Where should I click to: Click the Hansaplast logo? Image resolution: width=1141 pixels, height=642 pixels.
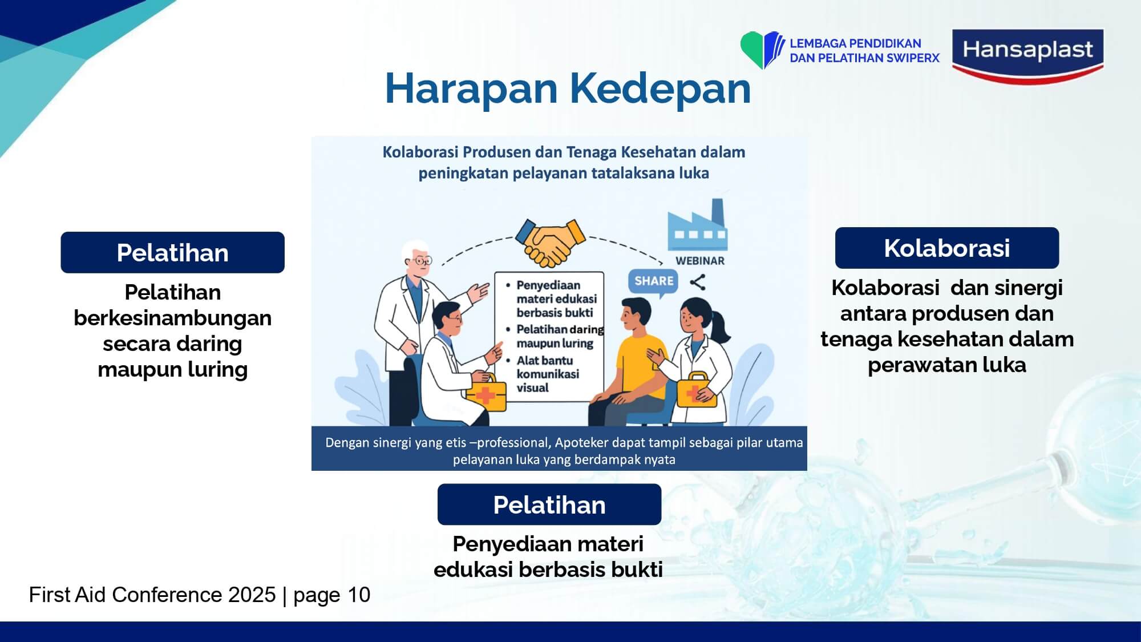click(x=1027, y=56)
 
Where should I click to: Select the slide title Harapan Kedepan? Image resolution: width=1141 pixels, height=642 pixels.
click(x=568, y=88)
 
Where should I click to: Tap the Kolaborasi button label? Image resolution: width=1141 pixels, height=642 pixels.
click(x=947, y=248)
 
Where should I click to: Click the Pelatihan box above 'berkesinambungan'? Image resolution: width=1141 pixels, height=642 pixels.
click(x=172, y=252)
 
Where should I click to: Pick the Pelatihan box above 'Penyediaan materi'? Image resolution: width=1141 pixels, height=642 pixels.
click(x=549, y=504)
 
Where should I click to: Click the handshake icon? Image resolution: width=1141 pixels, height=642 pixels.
click(x=550, y=242)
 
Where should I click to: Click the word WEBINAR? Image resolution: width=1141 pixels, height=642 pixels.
click(x=700, y=261)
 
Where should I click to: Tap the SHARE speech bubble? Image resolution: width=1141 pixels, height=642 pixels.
click(x=653, y=282)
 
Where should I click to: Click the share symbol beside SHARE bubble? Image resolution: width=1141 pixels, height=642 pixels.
click(x=697, y=282)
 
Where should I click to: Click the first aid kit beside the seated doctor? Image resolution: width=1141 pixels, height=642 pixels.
click(x=486, y=392)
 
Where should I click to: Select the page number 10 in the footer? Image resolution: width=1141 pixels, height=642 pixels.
click(x=359, y=595)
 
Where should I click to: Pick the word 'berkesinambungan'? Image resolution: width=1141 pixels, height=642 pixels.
click(x=172, y=318)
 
